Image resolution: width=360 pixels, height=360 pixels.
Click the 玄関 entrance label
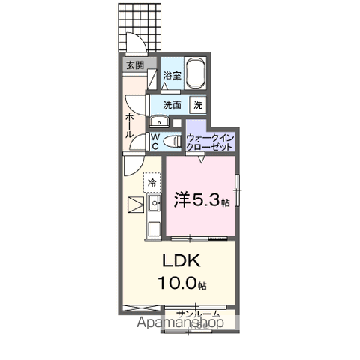(136, 66)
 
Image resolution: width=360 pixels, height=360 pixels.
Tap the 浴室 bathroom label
(172, 76)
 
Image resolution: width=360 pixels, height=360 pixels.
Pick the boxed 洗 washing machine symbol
(199, 104)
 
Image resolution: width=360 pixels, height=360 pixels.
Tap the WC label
(154, 141)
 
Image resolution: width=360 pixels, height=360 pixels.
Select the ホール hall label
(130, 124)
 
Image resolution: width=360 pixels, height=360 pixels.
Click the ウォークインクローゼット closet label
(211, 142)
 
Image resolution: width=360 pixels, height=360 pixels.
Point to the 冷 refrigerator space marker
(152, 182)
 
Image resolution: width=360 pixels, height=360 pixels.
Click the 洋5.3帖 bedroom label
(199, 201)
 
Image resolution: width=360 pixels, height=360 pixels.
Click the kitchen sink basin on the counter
(154, 202)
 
